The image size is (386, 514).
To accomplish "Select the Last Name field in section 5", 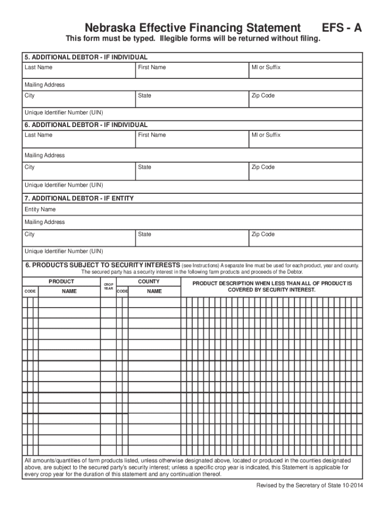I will click(x=79, y=71).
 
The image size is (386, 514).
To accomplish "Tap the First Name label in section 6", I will click(x=151, y=135).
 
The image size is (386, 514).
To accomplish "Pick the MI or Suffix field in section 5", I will click(x=305, y=71).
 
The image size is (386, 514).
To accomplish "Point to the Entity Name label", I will click(x=40, y=209).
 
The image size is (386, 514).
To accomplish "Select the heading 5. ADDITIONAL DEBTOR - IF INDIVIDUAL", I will click(x=86, y=57).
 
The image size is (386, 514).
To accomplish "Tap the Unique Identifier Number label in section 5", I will click(x=64, y=112).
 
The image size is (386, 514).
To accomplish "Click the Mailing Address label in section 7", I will click(x=45, y=222).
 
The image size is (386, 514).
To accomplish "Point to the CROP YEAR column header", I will click(x=108, y=286).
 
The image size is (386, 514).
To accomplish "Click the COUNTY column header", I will click(x=149, y=282).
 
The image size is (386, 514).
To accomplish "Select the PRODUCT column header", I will click(x=61, y=282).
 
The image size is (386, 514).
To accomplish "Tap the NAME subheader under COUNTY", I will click(x=154, y=291).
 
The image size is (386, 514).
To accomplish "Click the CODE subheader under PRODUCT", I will click(x=30, y=291).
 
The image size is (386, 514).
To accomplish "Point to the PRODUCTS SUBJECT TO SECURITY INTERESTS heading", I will click(x=102, y=265).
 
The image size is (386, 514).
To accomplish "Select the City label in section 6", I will click(x=30, y=167).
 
